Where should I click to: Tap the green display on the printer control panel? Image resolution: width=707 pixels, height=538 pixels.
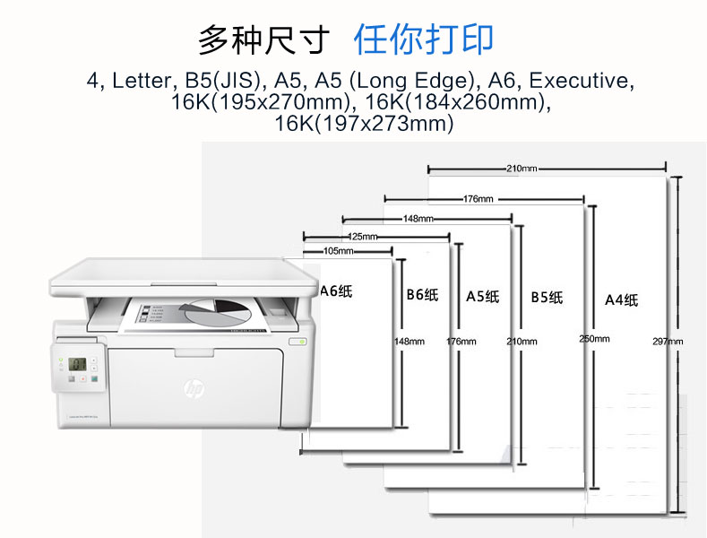tap(78, 363)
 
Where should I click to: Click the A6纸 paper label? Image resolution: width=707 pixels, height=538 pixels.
tap(338, 290)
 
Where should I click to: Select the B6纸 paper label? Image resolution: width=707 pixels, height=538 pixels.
tap(422, 294)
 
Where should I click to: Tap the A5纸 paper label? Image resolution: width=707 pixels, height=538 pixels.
tap(482, 296)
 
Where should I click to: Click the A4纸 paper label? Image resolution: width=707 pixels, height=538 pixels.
tap(621, 299)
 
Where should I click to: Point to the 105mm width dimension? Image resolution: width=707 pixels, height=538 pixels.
tap(332, 251)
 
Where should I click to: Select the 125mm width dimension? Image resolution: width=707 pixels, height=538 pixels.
tap(362, 237)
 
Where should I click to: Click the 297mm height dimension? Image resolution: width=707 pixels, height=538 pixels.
tap(668, 341)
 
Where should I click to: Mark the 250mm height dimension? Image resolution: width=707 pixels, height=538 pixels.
tap(594, 338)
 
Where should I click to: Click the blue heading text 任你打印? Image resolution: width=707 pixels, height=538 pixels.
tap(424, 39)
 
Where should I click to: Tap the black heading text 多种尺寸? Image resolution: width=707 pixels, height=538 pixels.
tap(264, 40)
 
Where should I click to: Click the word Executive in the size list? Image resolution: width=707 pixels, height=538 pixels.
tap(576, 81)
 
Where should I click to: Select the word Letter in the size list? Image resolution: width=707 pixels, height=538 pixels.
tap(141, 81)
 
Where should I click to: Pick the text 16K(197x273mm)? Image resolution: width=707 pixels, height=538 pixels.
tap(364, 124)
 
